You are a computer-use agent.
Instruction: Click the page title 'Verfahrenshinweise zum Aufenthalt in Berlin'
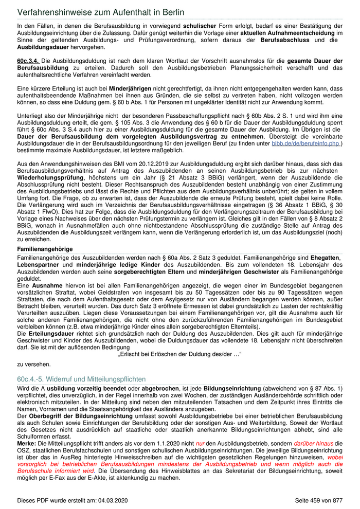(x=101, y=12)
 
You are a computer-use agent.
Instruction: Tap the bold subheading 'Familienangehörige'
(x=45, y=249)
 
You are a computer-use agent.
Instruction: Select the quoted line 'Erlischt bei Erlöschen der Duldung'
(x=180, y=354)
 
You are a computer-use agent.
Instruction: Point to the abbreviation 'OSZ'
(x=24, y=451)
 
